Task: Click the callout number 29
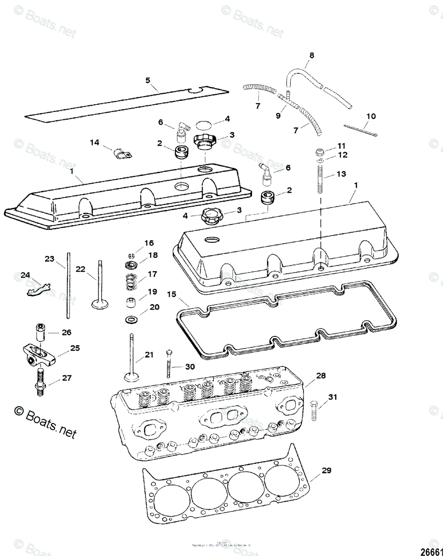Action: click(326, 471)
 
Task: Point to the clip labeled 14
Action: click(122, 152)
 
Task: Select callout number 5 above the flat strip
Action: click(148, 80)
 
